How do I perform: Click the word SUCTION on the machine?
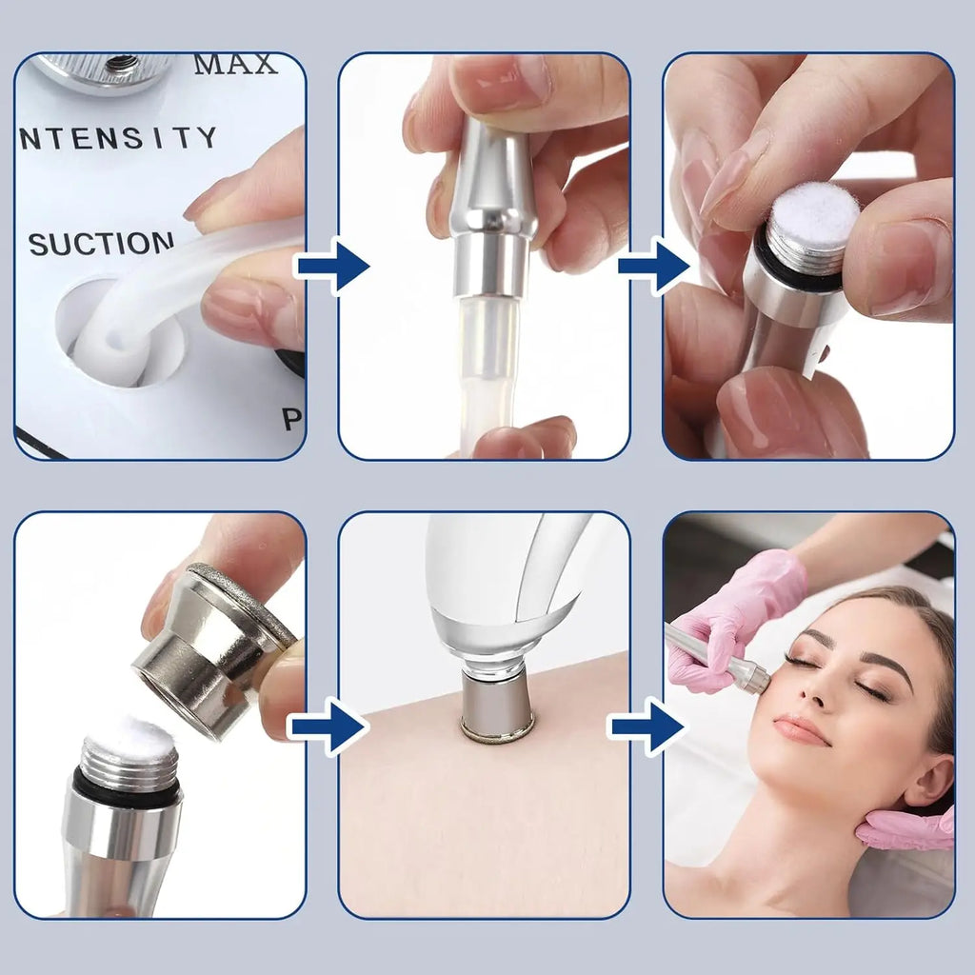coord(100,244)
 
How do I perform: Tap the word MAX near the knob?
coord(235,65)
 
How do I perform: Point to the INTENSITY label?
coord(118,139)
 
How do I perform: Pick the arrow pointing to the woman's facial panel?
coord(647,727)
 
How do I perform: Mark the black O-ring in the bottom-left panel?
coord(127,785)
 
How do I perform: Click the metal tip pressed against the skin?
coord(497,705)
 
